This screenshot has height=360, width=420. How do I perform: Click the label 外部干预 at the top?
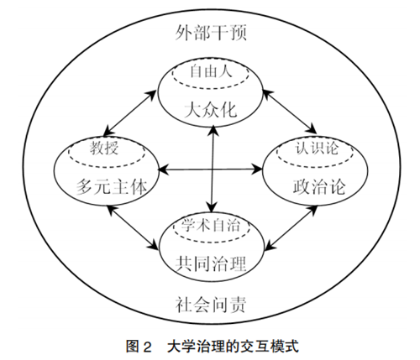coord(211,33)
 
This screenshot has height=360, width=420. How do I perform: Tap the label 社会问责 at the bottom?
coord(211,305)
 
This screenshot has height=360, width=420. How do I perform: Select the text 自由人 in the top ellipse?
coord(211,71)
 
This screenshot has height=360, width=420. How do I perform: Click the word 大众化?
coord(211,110)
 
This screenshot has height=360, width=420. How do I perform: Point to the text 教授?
coord(104,148)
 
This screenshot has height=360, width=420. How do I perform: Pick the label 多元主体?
coord(112,186)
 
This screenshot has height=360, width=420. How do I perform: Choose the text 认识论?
coord(317,147)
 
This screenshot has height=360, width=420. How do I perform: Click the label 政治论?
coord(319,186)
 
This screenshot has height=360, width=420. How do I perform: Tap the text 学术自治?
coord(211,225)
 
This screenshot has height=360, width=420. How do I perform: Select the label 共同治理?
coord(211,263)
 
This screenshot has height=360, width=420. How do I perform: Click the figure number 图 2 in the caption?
coord(139,347)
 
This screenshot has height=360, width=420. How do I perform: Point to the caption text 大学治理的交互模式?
coord(233,347)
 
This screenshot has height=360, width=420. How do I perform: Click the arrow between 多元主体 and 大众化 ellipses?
coord(130,112)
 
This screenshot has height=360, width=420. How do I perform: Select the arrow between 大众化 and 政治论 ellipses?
coord(290,112)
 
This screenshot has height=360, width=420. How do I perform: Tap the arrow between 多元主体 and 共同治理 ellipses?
coord(133,227)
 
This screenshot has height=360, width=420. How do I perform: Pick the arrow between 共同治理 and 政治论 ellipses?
coord(291,228)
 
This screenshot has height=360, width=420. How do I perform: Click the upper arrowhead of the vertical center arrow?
coord(213,130)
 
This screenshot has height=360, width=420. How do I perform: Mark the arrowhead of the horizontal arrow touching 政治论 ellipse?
coord(257,170)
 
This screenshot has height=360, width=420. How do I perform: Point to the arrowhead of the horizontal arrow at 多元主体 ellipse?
coord(163,170)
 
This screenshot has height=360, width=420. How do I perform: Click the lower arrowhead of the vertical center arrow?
coord(212,207)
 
